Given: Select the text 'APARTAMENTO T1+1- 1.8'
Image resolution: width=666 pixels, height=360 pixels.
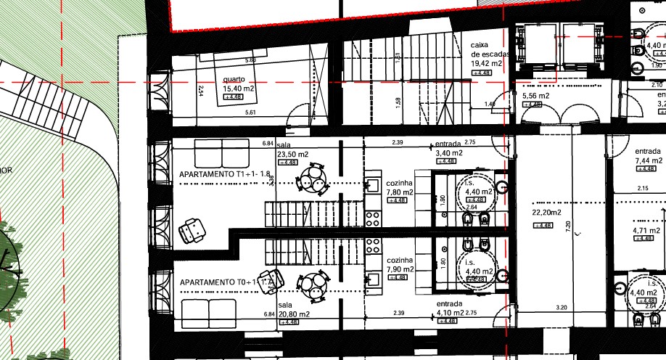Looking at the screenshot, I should [224, 175].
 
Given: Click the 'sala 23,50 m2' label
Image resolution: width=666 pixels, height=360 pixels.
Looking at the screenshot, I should [292, 154].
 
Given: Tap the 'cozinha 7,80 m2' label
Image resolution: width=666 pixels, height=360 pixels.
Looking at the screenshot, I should [400, 188].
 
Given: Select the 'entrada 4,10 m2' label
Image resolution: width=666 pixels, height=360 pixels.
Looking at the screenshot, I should [451, 309].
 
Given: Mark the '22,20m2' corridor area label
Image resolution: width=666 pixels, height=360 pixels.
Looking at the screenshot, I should [546, 213].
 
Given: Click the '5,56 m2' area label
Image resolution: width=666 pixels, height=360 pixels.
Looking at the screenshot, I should [535, 96].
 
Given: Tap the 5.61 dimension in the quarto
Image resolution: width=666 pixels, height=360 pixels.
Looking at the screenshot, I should [251, 112].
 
